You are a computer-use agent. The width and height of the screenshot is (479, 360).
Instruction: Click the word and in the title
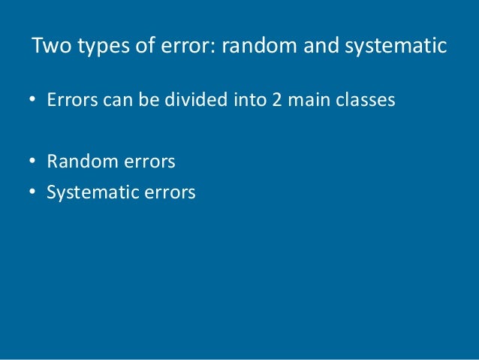pos(318,46)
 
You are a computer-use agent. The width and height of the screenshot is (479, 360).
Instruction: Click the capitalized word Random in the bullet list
pos(77,161)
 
